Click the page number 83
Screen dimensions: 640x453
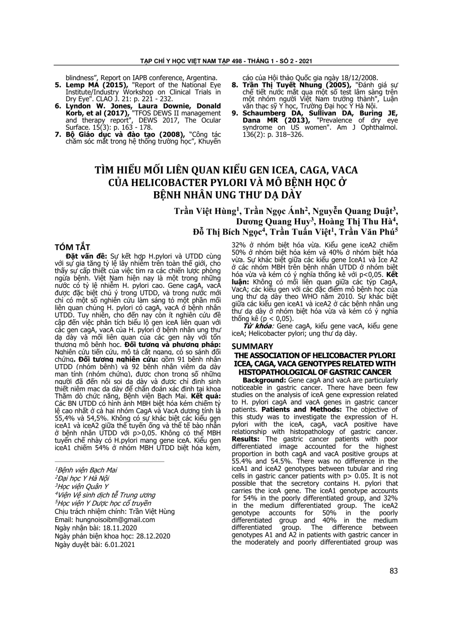click(x=393, y=571)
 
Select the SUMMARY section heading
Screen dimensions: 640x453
click(x=252, y=346)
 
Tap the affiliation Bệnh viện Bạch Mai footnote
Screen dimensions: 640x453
click(x=86, y=470)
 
